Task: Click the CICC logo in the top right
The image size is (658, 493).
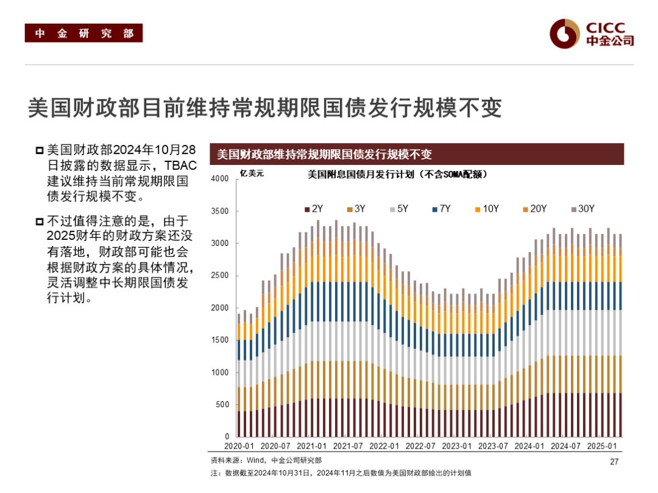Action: (592, 33)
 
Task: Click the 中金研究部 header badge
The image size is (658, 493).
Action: (83, 33)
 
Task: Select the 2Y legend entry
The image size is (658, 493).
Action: (314, 209)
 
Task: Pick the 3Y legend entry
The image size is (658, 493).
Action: (356, 209)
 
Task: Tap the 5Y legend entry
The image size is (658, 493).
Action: (398, 209)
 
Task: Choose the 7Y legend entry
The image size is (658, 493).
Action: (441, 209)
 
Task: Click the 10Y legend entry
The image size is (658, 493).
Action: (487, 209)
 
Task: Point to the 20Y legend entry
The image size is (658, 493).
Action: (534, 209)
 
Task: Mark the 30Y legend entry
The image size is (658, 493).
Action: (582, 209)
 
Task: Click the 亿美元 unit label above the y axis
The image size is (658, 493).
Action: (252, 174)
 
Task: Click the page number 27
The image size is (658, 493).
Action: (614, 461)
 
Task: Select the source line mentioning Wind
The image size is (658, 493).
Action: (266, 461)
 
